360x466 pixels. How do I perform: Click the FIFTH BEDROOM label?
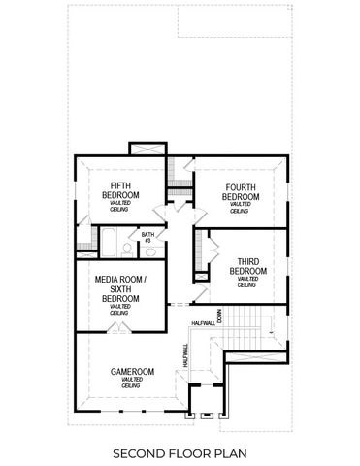[121, 190]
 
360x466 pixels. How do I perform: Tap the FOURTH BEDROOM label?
[241, 192]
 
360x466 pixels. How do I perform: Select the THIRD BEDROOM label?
[247, 265]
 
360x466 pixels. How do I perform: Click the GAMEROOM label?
[132, 371]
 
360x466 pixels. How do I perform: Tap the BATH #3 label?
[147, 236]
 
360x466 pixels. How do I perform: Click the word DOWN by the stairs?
[220, 316]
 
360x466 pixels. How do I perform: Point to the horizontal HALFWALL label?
[203, 323]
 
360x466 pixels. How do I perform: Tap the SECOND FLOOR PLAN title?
[180, 452]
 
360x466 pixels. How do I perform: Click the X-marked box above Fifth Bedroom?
[147, 148]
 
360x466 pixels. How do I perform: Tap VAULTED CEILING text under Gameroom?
[132, 383]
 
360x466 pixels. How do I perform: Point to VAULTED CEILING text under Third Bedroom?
[247, 282]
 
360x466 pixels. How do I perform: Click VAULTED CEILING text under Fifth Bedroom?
[121, 205]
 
